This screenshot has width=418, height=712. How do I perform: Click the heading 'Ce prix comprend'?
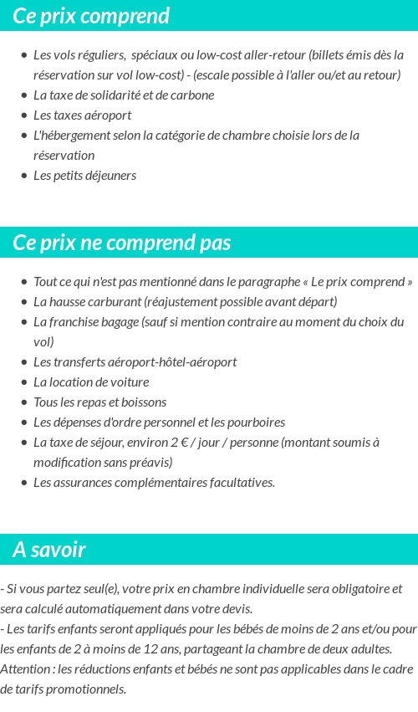coord(91,16)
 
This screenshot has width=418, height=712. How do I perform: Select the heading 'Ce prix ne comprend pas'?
coord(122,243)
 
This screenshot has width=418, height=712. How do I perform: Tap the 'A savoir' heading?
coord(49,550)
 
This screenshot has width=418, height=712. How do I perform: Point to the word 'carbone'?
coord(191,95)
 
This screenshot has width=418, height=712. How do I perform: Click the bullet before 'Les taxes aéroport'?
coord(24,115)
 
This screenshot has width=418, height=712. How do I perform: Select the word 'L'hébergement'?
coord(73,136)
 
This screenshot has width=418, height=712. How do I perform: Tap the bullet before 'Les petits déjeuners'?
coord(24,176)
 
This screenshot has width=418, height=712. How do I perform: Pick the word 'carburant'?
coord(114,302)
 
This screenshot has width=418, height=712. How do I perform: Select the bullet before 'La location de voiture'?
coord(24,382)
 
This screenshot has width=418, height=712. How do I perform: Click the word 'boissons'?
coord(143,402)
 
